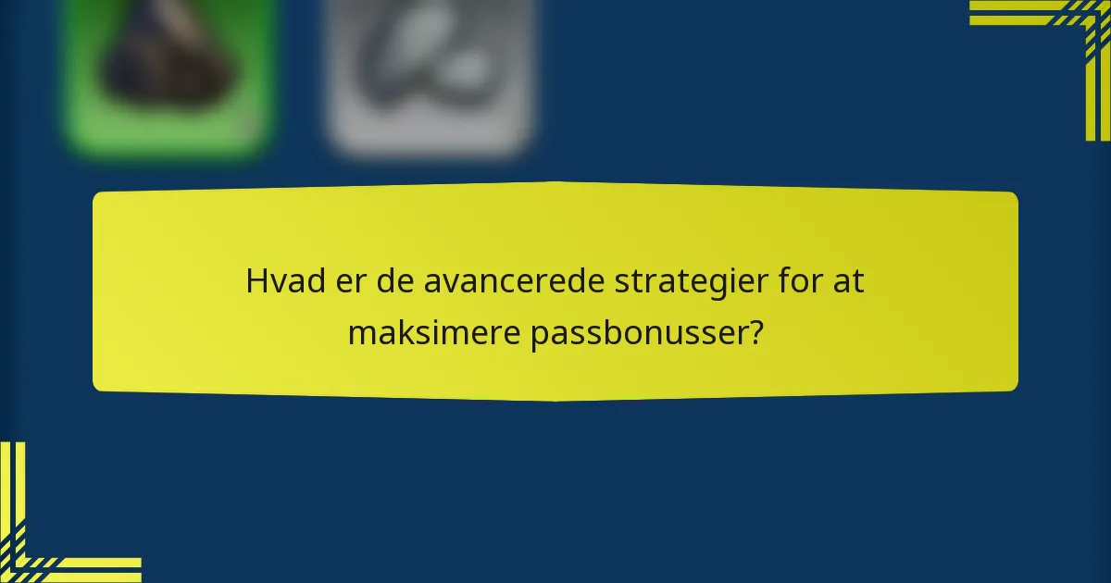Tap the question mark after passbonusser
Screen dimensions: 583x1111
tap(756, 333)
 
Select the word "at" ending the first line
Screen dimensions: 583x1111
tap(849, 282)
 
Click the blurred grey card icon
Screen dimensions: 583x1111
tap(431, 74)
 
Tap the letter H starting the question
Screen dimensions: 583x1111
tap(255, 282)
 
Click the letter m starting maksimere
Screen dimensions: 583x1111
tap(359, 333)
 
